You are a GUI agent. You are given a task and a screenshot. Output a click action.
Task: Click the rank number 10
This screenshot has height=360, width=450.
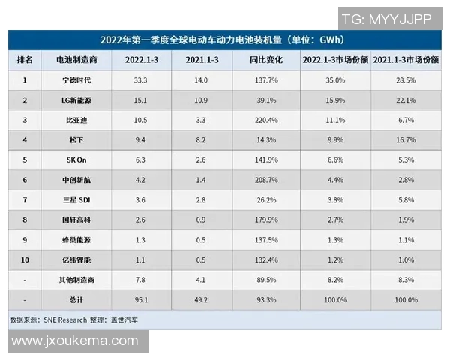tap(25, 259)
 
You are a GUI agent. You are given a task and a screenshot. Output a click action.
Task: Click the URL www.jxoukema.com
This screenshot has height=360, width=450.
tap(75, 341)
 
